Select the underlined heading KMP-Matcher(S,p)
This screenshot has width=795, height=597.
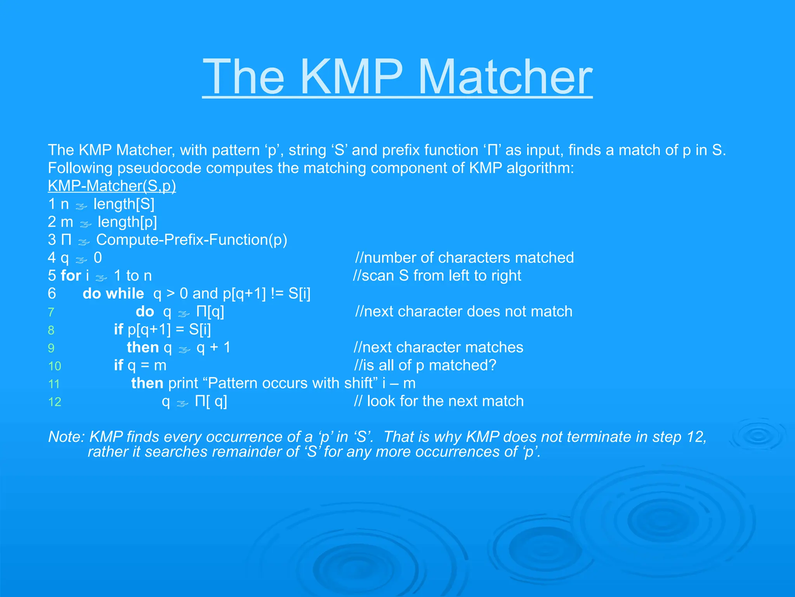[x=112, y=186]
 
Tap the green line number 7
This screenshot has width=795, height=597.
[x=51, y=312]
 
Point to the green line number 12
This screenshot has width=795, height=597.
[x=55, y=402]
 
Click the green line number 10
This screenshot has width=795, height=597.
[x=55, y=366]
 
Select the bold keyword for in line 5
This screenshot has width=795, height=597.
[x=71, y=276]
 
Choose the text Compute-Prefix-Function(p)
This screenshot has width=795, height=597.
[x=192, y=240]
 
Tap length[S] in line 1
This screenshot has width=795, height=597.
[x=124, y=204]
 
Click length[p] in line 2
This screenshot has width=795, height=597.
[x=127, y=222]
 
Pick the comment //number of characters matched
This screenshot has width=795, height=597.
[x=464, y=258]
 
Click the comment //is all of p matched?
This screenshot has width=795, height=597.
[x=425, y=365]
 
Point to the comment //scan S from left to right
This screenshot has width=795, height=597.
[x=437, y=276]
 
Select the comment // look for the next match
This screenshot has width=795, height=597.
[x=439, y=401]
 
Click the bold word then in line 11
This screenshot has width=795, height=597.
[x=147, y=383]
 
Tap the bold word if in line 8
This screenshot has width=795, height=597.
[x=118, y=330]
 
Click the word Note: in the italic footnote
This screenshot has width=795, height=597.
[x=66, y=437]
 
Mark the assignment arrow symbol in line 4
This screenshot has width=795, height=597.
[x=82, y=259]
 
